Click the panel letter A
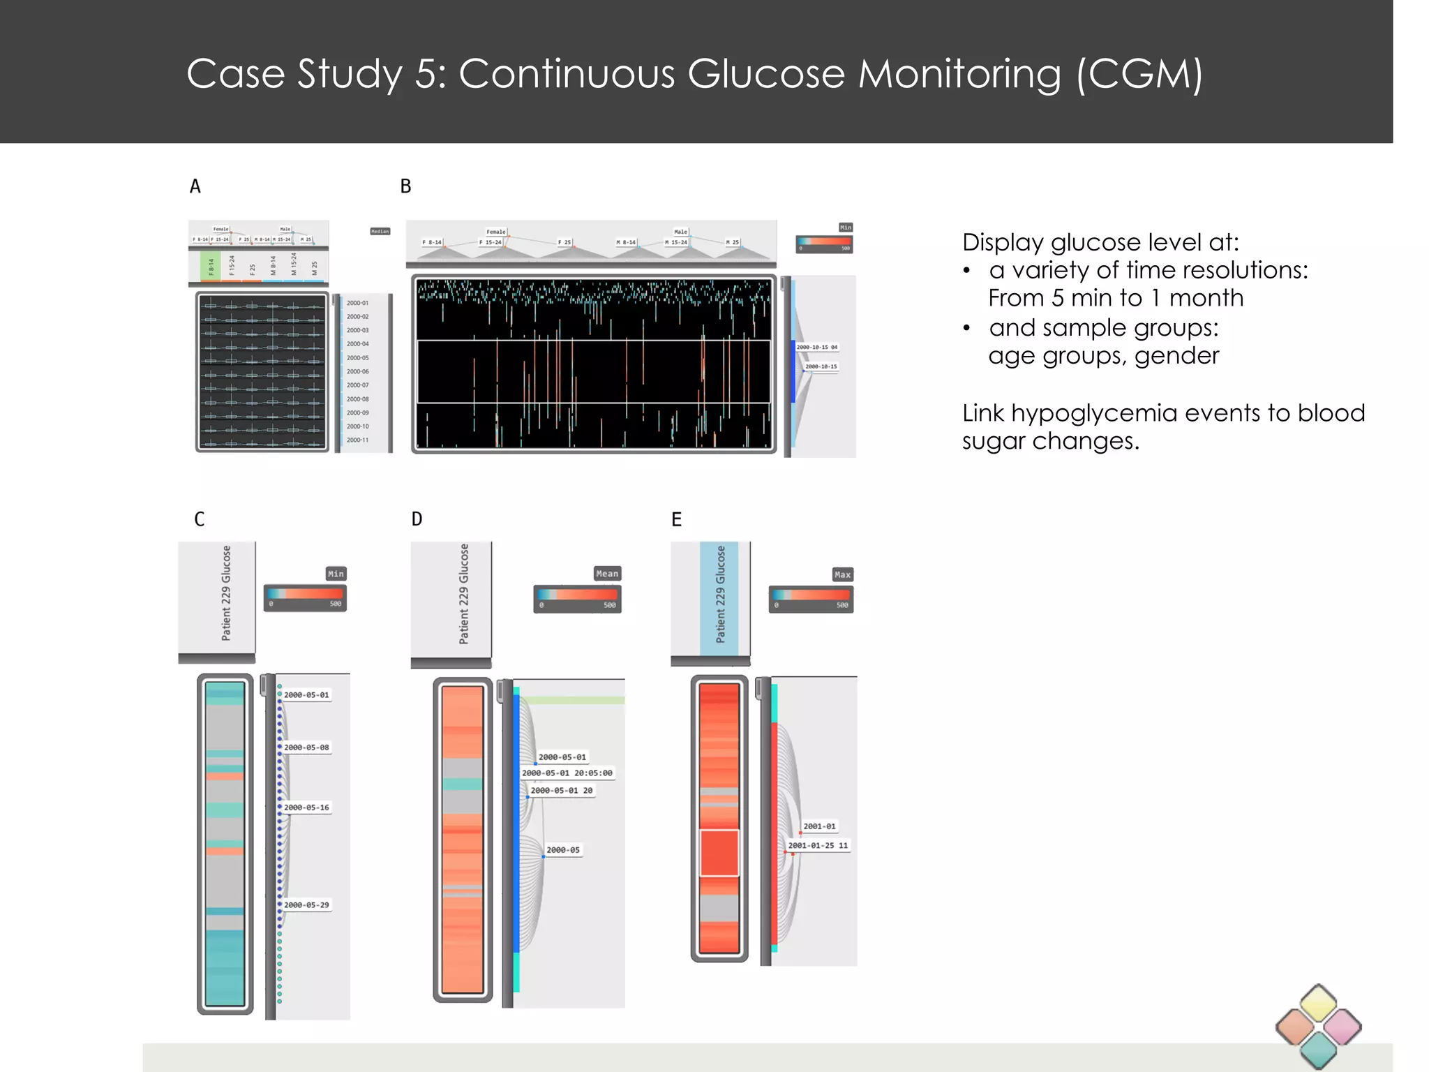195,186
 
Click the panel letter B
405,186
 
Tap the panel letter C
200,519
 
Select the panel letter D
417,519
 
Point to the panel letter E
676,519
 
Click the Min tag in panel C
336,574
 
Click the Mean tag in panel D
606,574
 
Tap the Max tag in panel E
842,574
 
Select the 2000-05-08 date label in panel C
306,747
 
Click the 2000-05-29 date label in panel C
306,905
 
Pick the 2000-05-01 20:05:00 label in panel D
567,773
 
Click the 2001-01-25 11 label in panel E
818,846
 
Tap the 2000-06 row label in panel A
357,371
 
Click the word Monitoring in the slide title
959,74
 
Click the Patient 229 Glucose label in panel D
464,594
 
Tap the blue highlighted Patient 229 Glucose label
720,594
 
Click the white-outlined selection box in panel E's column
719,853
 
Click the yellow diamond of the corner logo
1318,1002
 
